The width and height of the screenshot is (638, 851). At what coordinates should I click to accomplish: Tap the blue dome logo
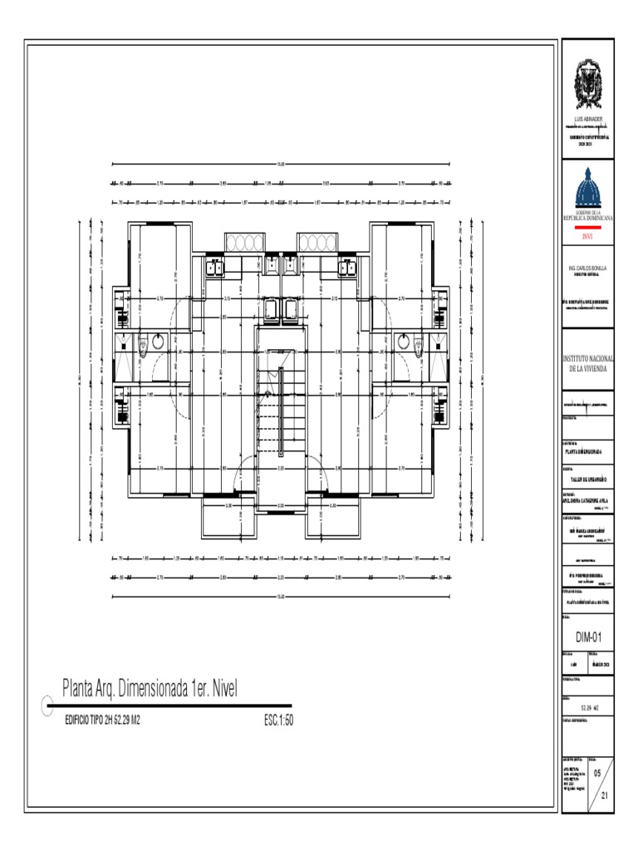pyautogui.click(x=587, y=189)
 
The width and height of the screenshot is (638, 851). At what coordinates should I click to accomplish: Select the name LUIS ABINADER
pyautogui.click(x=587, y=120)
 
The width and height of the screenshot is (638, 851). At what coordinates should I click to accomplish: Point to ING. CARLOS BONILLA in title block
pyautogui.click(x=587, y=269)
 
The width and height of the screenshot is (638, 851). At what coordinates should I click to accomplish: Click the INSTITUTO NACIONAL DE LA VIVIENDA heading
pyautogui.click(x=587, y=362)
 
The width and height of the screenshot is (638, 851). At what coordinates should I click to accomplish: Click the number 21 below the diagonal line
pyautogui.click(x=605, y=794)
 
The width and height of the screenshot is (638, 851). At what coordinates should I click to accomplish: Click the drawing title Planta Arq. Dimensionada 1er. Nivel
pyautogui.click(x=150, y=687)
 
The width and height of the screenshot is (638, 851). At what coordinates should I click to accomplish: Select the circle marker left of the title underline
pyautogui.click(x=47, y=706)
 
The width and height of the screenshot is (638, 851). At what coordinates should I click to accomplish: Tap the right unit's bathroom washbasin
pyautogui.click(x=404, y=342)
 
